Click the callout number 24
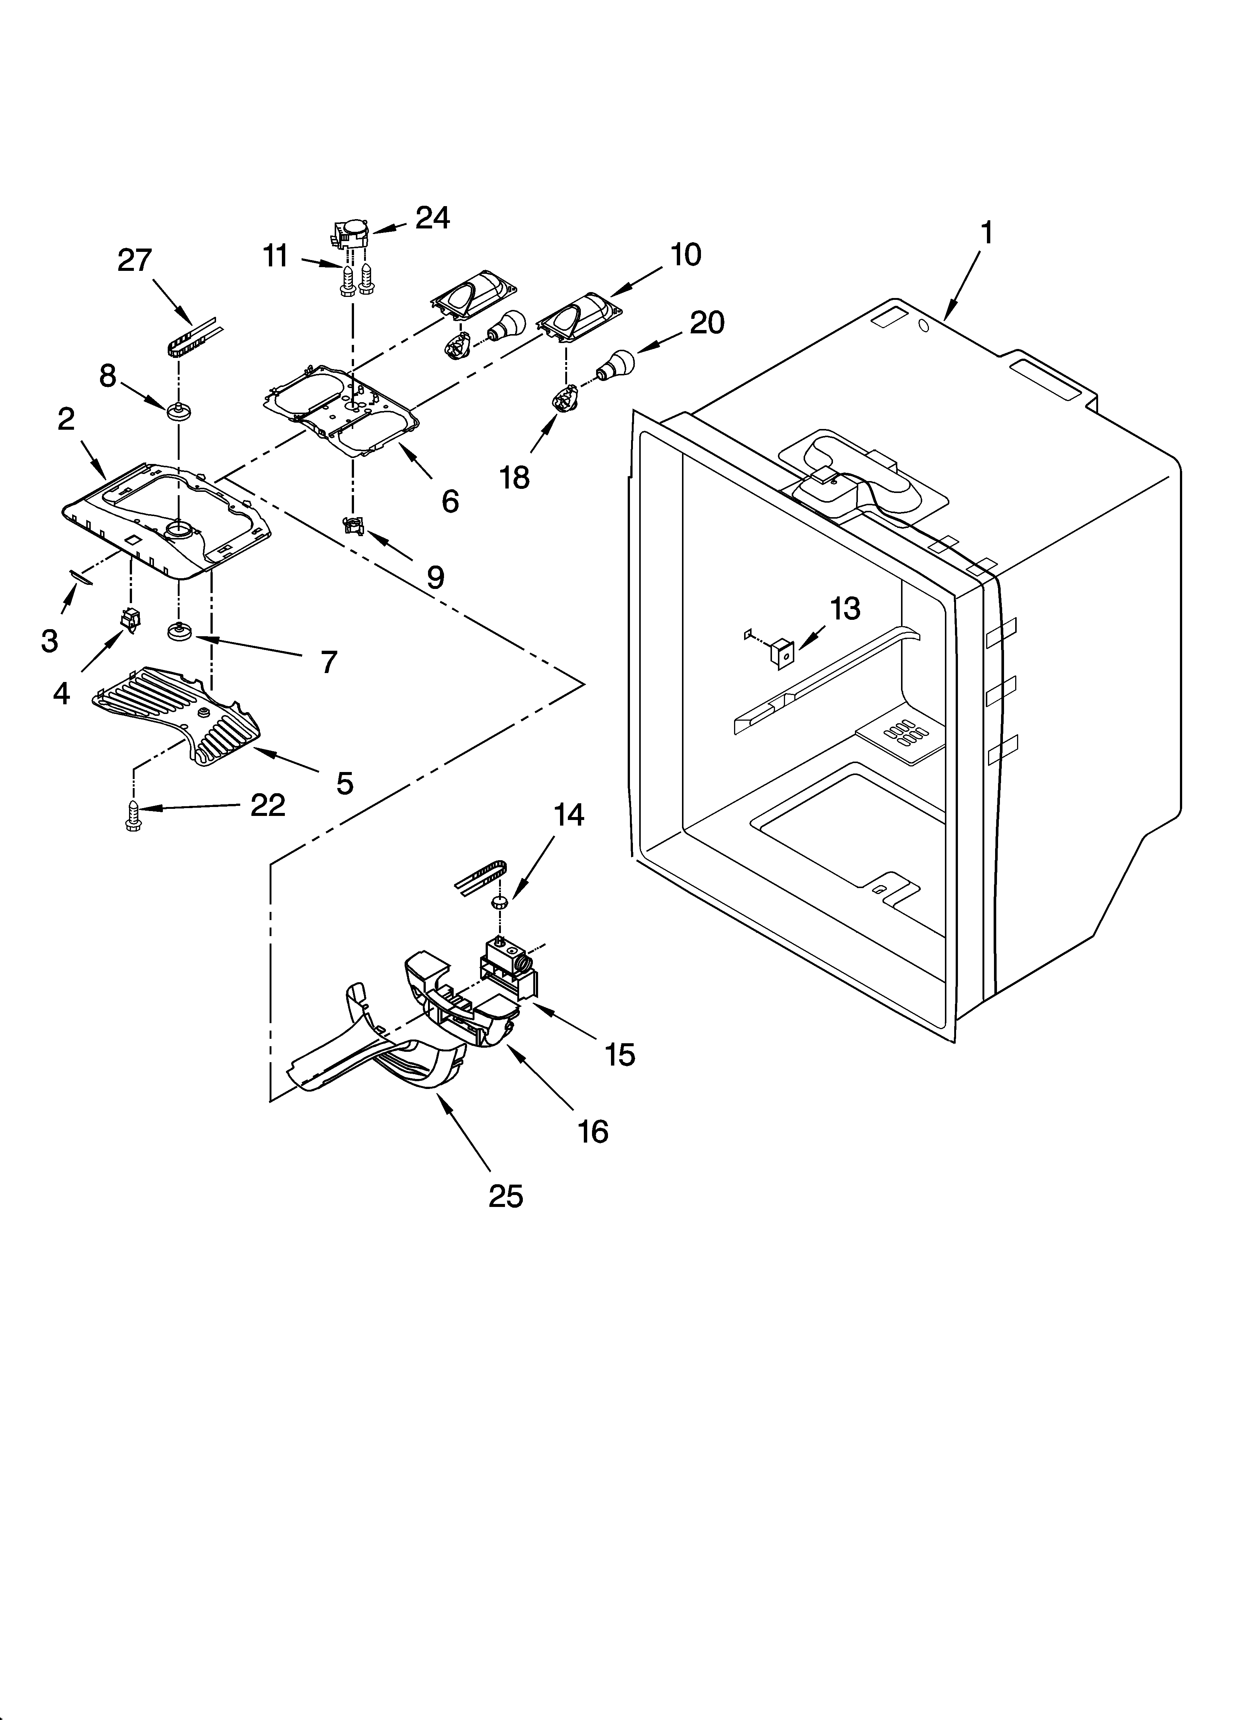coord(433,218)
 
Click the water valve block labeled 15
coord(506,970)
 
